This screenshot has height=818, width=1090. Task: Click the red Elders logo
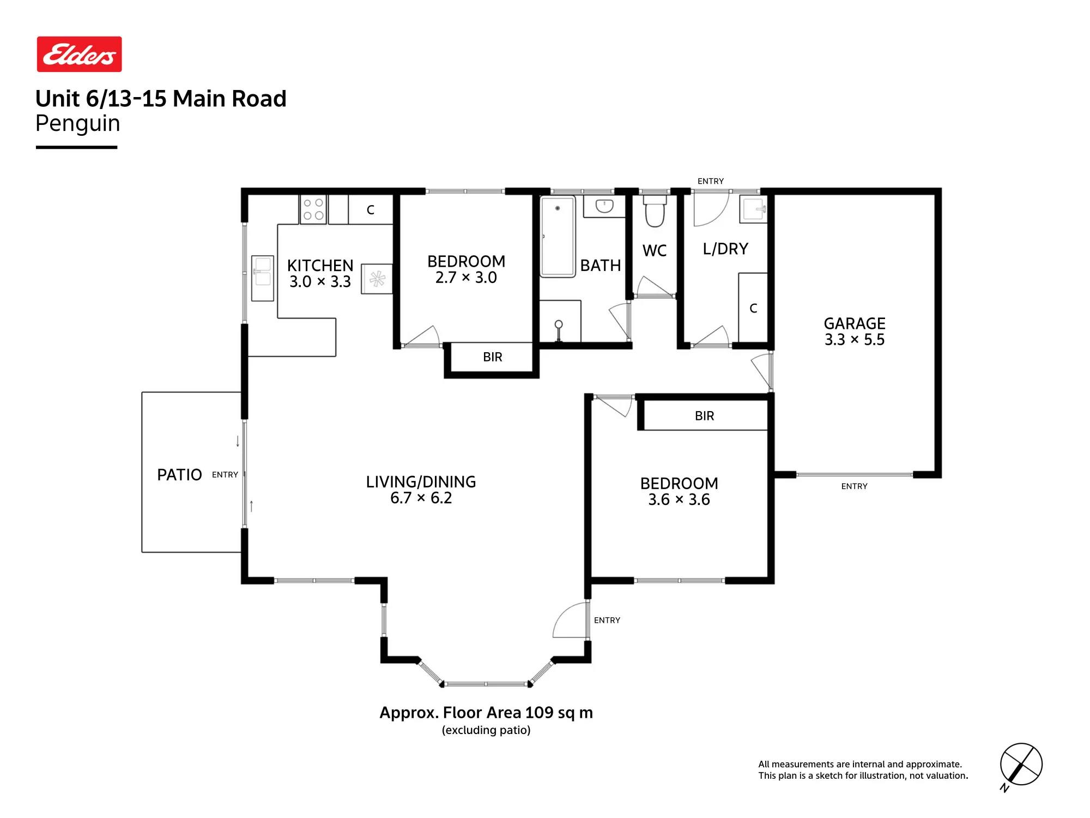[80, 55]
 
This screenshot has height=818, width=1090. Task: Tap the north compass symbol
[1021, 765]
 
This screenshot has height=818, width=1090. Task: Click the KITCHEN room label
[320, 266]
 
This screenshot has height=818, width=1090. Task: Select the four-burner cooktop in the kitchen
[313, 209]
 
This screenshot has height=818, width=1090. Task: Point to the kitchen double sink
[263, 278]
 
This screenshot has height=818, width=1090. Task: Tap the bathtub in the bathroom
[558, 237]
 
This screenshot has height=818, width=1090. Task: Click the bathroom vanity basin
[604, 206]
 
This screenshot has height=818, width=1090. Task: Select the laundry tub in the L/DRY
[753, 209]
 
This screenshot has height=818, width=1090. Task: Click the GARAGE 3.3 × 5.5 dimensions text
[855, 340]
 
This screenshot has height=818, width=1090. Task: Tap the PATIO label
[179, 475]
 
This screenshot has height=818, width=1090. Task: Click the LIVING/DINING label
[421, 482]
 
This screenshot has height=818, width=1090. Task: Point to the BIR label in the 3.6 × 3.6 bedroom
[704, 416]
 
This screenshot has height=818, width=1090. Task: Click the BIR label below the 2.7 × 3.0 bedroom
[493, 357]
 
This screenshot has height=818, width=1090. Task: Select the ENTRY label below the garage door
[854, 486]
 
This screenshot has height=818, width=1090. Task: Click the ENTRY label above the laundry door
[711, 181]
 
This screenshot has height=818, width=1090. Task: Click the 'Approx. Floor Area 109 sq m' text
[486, 713]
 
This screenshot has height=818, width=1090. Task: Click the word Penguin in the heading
[78, 124]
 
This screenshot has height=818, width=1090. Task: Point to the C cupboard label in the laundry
[753, 309]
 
